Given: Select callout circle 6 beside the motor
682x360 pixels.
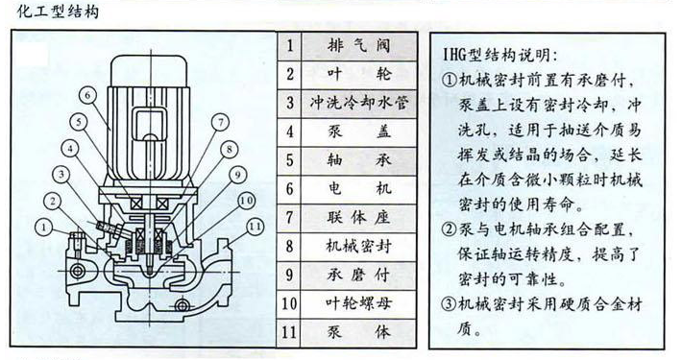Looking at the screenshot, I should (85, 95).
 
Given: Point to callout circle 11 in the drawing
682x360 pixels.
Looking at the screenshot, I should (254, 226).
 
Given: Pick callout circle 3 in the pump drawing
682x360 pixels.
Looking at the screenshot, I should (60, 174).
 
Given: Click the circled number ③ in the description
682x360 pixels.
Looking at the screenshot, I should (449, 305).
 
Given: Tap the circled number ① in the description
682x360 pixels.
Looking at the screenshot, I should (449, 81).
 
